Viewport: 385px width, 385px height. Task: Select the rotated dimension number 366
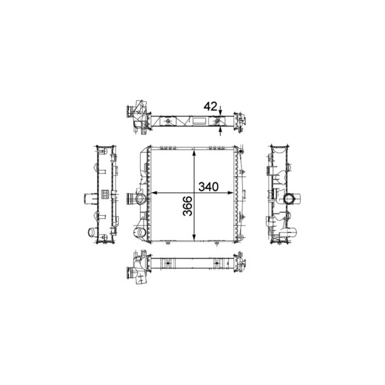186,206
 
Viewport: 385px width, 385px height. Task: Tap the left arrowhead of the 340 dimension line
153,193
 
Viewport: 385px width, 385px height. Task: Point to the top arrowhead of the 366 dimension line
194,152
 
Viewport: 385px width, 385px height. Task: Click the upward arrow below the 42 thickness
221,129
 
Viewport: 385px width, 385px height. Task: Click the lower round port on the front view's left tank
140,233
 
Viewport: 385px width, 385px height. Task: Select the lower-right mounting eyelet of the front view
240,242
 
